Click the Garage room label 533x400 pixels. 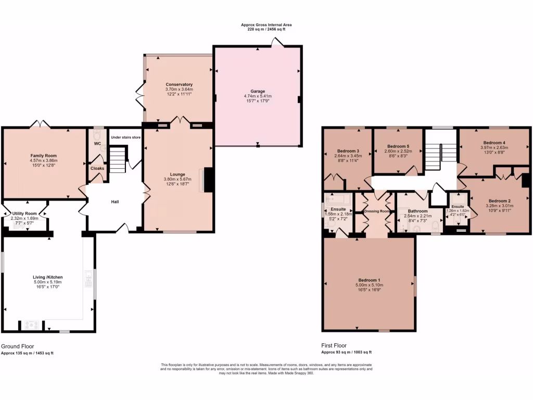tap(258, 91)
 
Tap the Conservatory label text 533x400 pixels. tap(179, 84)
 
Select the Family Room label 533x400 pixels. tap(43, 156)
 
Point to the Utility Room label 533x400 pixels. tap(24, 214)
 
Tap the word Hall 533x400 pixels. tap(116, 201)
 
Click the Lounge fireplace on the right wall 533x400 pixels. tap(208, 180)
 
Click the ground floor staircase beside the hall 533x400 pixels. tap(119, 159)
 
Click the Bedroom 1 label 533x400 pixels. tap(369, 280)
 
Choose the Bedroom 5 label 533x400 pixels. tap(398, 146)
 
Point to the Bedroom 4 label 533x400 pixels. tap(494, 143)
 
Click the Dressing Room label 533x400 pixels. tap(377, 211)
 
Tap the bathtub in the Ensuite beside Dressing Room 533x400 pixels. tap(337, 199)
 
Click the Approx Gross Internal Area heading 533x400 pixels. tap(266, 24)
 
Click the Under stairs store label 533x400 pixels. tap(125, 137)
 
